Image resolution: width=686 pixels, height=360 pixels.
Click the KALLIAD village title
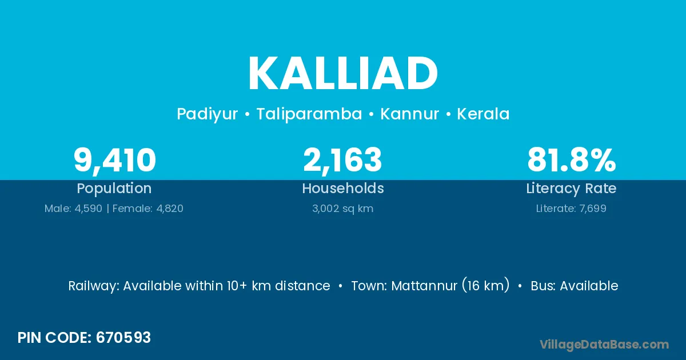click(x=343, y=73)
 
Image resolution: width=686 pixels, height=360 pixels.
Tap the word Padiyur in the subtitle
click(x=208, y=114)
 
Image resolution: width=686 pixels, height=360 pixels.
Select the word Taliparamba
click(x=309, y=114)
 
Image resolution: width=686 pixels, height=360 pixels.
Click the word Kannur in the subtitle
click(x=409, y=114)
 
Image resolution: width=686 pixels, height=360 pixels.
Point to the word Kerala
click(x=483, y=114)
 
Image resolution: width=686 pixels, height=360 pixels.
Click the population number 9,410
click(x=115, y=161)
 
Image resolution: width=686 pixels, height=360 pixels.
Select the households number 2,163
click(x=342, y=160)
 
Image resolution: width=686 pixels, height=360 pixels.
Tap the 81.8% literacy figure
click(x=572, y=160)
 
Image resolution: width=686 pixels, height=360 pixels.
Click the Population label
click(x=114, y=188)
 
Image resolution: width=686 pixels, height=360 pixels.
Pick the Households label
click(x=343, y=188)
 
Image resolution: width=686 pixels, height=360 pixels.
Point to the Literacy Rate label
click(x=571, y=189)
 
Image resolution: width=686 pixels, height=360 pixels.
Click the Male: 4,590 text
click(x=73, y=209)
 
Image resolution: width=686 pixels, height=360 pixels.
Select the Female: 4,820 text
click(x=148, y=209)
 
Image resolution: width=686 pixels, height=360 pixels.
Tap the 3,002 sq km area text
click(x=342, y=209)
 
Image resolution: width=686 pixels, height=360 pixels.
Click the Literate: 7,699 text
click(x=571, y=209)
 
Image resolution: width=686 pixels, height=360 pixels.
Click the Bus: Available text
click(x=575, y=286)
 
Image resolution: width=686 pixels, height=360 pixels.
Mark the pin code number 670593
click(x=123, y=338)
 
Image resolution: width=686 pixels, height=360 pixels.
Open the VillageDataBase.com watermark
click(x=604, y=345)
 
